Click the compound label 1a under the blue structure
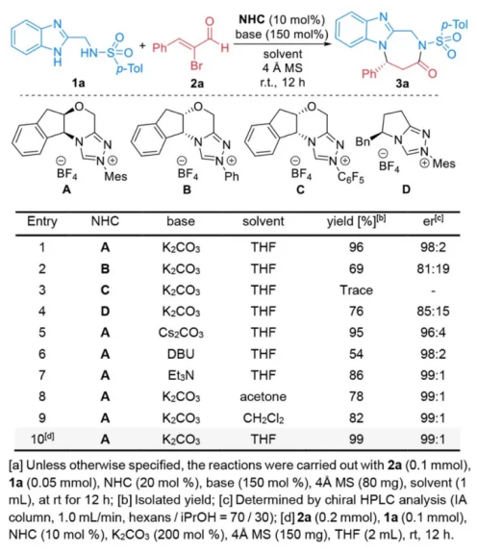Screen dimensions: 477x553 coord(78,84)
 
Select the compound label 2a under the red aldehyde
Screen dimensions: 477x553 coord(197,84)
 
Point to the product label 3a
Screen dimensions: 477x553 coord(402,84)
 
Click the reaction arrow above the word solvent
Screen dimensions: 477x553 coord(283,44)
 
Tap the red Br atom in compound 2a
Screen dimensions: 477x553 coord(196,65)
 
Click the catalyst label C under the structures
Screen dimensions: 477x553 coord(300,189)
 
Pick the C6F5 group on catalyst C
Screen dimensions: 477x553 coord(351,177)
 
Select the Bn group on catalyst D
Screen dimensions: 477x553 coord(363,141)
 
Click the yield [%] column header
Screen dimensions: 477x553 coord(356,221)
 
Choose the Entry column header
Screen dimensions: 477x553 coord(42,221)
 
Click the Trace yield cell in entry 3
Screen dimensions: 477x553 coord(356,289)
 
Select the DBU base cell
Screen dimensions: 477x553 coord(181,354)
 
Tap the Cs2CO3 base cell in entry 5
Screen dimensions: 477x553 coord(181,333)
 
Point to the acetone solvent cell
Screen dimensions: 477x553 coord(263,397)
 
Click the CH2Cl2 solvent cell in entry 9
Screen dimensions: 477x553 coord(263,418)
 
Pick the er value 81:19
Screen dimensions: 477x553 coord(433,269)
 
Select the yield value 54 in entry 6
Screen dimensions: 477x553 coord(356,354)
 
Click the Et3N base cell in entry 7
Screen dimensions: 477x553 coord(181,375)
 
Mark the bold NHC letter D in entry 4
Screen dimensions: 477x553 coord(105,312)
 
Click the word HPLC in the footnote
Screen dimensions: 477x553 coord(396,500)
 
